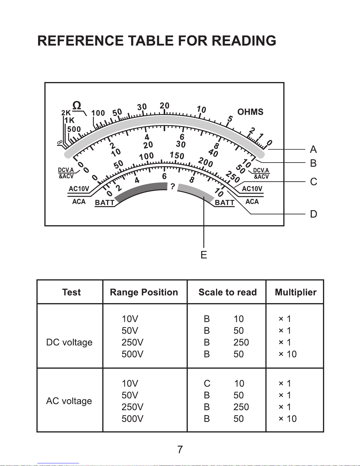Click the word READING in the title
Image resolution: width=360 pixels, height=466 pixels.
[244, 41]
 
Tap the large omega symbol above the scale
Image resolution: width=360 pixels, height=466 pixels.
[77, 106]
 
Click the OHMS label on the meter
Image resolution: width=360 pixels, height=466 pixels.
[250, 112]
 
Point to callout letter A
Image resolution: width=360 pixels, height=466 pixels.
[313, 150]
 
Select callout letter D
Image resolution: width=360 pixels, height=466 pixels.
[314, 214]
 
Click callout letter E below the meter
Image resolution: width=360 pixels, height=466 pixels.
[204, 255]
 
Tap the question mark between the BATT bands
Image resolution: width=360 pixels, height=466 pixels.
[173, 186]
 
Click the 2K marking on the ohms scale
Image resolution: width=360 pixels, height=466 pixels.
[66, 113]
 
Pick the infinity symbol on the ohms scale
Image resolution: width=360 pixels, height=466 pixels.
[60, 143]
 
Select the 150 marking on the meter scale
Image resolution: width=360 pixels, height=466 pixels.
[177, 155]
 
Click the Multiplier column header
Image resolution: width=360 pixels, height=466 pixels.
[295, 292]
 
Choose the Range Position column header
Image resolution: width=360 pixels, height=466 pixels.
[144, 292]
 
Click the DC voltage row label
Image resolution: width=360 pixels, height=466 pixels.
[69, 342]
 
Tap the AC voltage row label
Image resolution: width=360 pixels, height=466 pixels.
[69, 401]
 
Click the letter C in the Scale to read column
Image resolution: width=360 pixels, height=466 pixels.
[207, 383]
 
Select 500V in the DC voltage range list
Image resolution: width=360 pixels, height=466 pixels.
[132, 354]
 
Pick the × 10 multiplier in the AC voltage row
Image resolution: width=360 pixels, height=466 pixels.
[287, 419]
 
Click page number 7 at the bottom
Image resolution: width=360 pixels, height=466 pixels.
[180, 450]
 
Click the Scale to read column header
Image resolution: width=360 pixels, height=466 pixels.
[227, 292]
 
